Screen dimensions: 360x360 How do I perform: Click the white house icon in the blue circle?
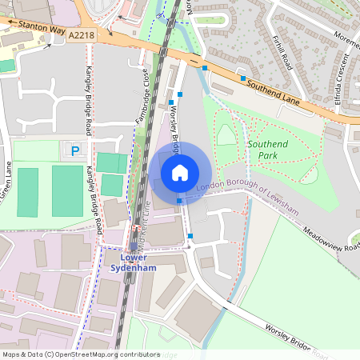pyautogui.click(x=180, y=173)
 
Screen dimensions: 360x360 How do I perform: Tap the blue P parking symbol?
pyautogui.click(x=76, y=150)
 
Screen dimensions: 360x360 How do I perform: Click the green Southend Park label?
pyautogui.click(x=270, y=150)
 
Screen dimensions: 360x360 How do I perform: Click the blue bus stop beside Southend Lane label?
pyautogui.click(x=242, y=78)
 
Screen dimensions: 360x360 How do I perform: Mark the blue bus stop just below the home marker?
pyautogui.click(x=178, y=201)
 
